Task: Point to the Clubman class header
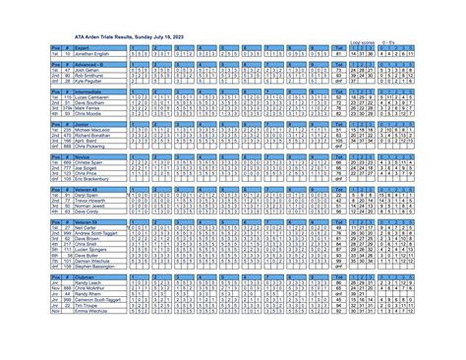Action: pyautogui.click(x=85, y=277)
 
